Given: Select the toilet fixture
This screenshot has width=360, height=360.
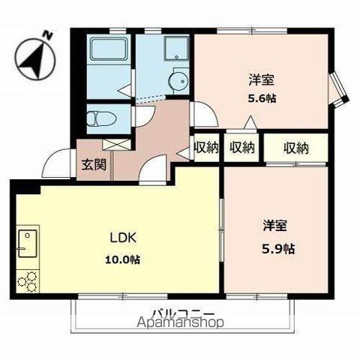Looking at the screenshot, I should pos(98,118).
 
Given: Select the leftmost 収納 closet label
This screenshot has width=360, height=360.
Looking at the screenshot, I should pos(205,147).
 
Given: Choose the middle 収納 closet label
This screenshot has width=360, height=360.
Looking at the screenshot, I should pos(241,147).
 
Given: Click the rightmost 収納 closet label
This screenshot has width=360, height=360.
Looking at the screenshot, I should pos(296,147).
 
